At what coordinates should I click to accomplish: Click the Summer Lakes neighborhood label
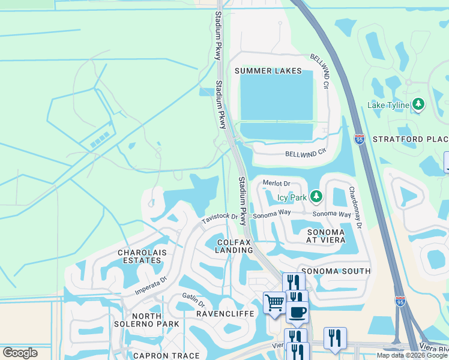click(x=268, y=71)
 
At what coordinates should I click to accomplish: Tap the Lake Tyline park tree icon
click(x=419, y=105)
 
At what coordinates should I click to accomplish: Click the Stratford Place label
click(x=411, y=139)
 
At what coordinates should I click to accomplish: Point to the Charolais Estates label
click(x=139, y=256)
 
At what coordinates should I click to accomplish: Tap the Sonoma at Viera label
click(x=326, y=236)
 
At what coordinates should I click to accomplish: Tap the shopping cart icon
click(x=274, y=302)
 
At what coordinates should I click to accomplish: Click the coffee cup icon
click(x=297, y=311)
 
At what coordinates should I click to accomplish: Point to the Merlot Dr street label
click(x=277, y=184)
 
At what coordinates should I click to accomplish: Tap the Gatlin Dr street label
click(x=193, y=300)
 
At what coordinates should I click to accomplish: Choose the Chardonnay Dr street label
click(x=356, y=207)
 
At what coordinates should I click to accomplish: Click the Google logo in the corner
click(x=20, y=353)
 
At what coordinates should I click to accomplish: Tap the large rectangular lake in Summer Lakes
click(x=276, y=96)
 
